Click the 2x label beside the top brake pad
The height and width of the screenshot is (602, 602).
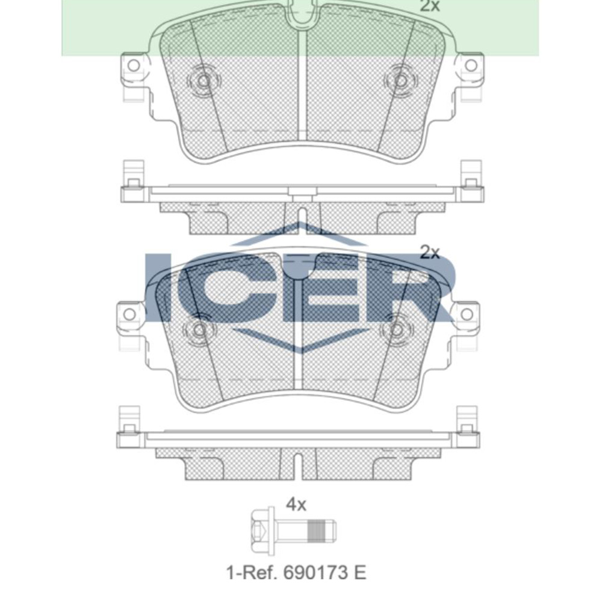tap(430, 7)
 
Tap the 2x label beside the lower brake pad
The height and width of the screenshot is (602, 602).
tap(430, 252)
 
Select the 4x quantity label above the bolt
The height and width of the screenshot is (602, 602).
tap(296, 504)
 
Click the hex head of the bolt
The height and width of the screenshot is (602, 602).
tap(260, 530)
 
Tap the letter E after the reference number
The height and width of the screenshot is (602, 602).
tap(359, 572)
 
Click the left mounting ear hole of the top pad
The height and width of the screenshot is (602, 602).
tap(134, 65)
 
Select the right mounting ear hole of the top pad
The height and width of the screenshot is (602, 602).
tap(471, 65)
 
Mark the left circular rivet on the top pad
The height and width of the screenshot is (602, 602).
tap(203, 81)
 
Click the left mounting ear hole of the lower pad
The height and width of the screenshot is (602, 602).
tap(129, 314)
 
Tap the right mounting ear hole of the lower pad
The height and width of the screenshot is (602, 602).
tap(467, 314)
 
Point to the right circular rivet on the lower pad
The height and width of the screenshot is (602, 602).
tap(396, 329)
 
